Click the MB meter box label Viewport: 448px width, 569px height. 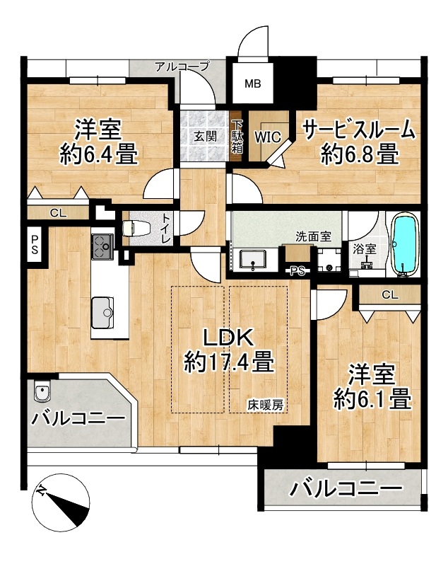click(253, 84)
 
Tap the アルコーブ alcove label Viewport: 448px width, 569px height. click(182, 67)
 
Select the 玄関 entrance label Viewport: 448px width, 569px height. click(206, 137)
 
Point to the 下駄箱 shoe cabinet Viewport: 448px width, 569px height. click(237, 136)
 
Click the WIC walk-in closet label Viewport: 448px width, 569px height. click(268, 137)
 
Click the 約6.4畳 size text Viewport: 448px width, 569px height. click(99, 154)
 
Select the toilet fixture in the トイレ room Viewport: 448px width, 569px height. click(136, 229)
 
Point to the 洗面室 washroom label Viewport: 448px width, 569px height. click(313, 236)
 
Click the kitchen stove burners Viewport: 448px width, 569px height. click(102, 246)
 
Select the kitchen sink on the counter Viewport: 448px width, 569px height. click(102, 312)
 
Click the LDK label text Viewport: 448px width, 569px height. click(228, 338)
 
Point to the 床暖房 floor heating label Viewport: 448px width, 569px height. click(266, 405)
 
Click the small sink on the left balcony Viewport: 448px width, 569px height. click(42, 391)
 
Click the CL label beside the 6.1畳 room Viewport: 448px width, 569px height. click(390, 295)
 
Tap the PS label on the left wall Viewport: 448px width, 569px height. click(35, 244)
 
